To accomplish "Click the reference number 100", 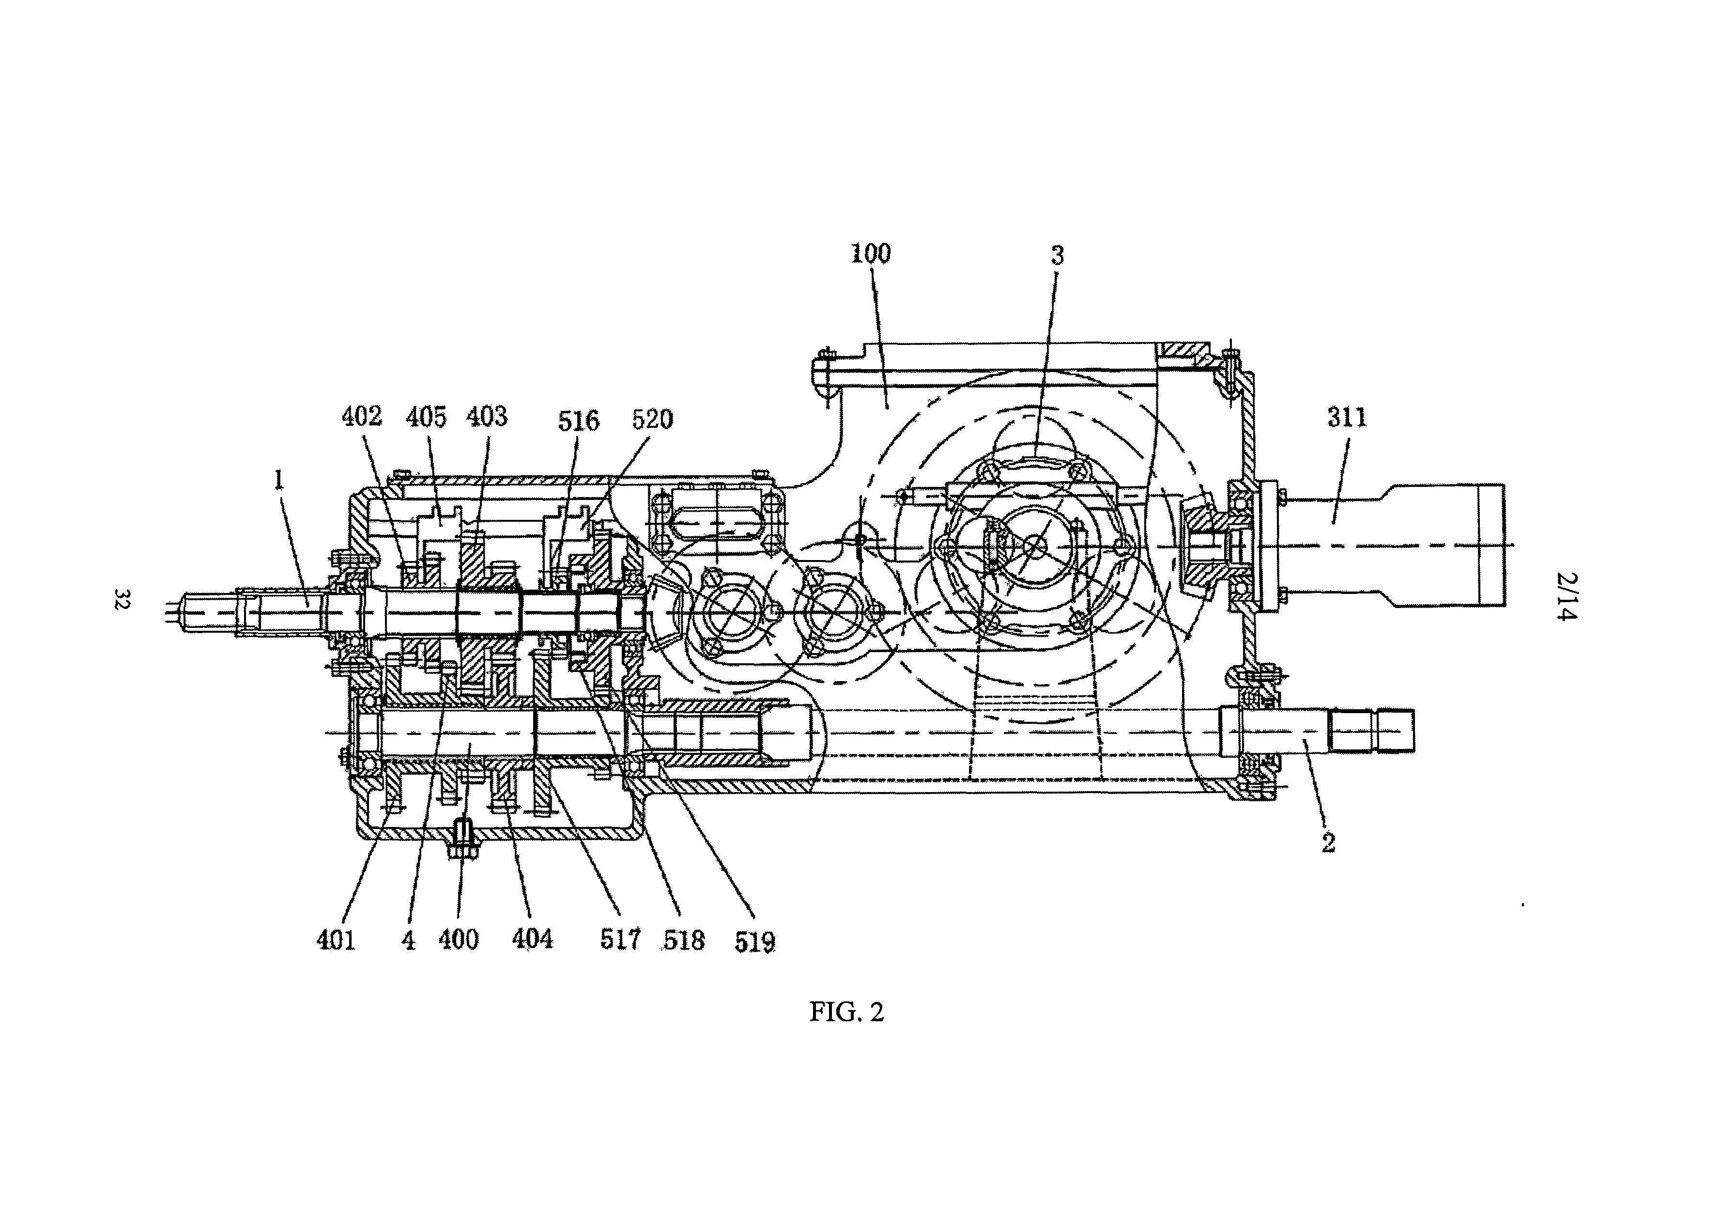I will (x=870, y=253).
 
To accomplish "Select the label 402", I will (x=362, y=416).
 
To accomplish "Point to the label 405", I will (x=426, y=417).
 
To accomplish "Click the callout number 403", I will (x=487, y=417).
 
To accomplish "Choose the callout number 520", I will (x=652, y=420).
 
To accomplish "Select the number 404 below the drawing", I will (x=532, y=938).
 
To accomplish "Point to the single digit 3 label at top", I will (x=1057, y=256).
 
